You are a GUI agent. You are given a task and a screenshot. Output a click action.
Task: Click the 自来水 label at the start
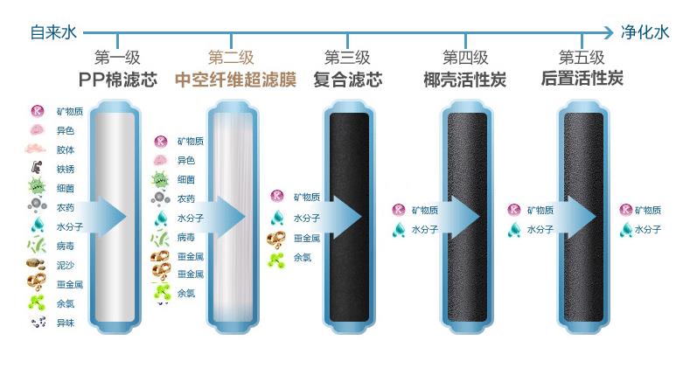click(53, 32)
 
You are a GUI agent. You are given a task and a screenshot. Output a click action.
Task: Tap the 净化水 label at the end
click(645, 32)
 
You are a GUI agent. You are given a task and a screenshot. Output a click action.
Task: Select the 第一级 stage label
click(117, 58)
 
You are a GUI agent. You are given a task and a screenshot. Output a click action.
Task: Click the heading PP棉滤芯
click(118, 80)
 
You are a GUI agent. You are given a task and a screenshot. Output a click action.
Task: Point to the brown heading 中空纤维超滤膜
click(235, 80)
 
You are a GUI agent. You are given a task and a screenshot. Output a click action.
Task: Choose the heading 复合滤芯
click(347, 80)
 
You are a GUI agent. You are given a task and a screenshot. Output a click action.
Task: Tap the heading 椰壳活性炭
click(465, 80)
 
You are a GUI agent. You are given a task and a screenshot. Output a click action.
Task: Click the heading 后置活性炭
click(582, 79)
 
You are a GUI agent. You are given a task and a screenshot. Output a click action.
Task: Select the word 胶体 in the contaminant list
click(66, 149)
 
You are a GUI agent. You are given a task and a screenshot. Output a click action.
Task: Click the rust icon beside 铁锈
click(37, 168)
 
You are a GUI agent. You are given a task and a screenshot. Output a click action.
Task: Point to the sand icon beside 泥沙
click(36, 264)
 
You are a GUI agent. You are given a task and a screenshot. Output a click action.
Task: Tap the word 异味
click(66, 323)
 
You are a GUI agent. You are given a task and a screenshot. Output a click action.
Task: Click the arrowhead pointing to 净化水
click(609, 32)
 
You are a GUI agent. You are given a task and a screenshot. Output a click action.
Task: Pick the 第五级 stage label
click(582, 58)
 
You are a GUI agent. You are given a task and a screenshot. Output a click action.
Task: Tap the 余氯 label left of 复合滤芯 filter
click(303, 257)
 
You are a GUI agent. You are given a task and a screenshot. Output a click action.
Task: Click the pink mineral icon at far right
click(626, 210)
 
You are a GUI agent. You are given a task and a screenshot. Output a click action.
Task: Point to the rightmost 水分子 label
click(648, 230)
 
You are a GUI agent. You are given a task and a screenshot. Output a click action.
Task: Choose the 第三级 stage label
click(347, 58)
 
